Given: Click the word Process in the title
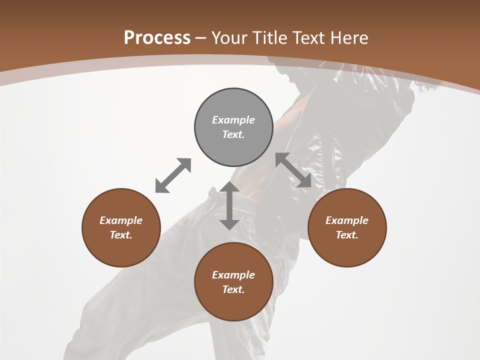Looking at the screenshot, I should coord(157,38).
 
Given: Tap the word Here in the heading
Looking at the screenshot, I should coord(348,38).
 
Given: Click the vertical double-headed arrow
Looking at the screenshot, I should coord(229,205).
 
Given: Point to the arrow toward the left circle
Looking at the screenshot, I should coord(173,175).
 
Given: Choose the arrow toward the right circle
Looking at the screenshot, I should coord(293,170).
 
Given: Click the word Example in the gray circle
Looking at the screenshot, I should coord(233,120).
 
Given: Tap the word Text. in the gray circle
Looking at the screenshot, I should coord(233,134).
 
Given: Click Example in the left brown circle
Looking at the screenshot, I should coord(121,220).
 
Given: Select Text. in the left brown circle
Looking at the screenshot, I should coord(121,235).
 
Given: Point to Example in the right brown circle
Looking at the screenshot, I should coord(347,220).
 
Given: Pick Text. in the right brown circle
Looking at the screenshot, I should coord(347,235).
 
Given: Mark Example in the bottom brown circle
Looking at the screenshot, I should coord(233,275).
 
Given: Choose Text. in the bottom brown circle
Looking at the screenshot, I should coord(233,289).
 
